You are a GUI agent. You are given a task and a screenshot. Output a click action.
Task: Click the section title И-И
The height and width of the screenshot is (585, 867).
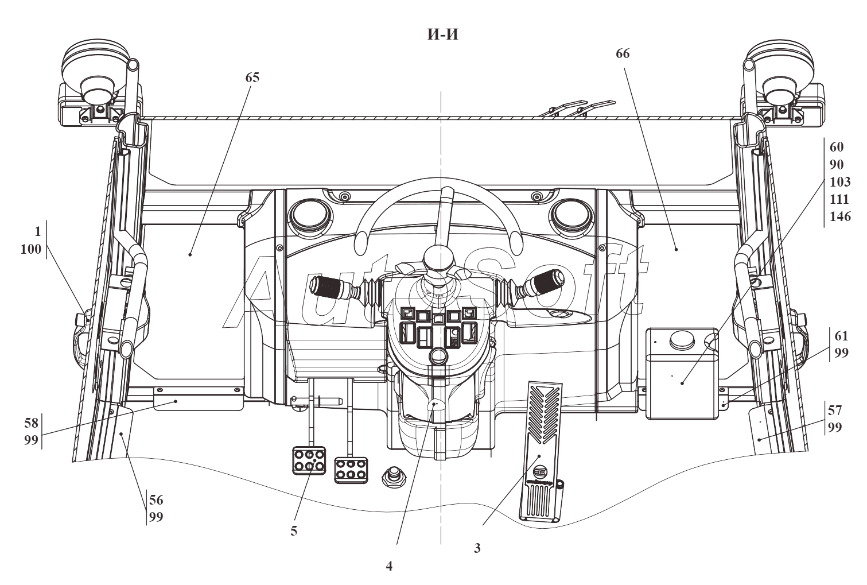click(443, 34)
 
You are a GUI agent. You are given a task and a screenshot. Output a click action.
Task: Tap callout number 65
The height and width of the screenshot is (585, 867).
click(252, 78)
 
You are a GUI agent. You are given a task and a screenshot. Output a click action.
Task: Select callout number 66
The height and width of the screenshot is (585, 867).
click(623, 54)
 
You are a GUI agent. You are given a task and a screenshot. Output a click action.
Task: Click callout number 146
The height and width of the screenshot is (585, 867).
click(840, 216)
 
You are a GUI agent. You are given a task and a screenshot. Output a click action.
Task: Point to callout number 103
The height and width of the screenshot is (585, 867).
click(840, 181)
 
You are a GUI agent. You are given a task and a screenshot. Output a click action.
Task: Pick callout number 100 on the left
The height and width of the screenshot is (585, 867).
click(31, 249)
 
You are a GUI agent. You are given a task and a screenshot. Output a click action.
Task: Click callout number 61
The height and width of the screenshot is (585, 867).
click(841, 336)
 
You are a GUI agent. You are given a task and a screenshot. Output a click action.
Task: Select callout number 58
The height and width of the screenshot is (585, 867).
click(32, 423)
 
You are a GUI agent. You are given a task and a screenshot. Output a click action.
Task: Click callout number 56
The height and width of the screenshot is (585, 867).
click(157, 500)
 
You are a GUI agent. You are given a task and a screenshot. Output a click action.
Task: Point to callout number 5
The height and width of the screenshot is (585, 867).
click(294, 531)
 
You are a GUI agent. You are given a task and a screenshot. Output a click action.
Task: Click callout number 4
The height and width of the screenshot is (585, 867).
click(389, 566)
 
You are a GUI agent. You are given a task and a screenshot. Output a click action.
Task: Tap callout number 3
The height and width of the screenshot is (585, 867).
click(477, 548)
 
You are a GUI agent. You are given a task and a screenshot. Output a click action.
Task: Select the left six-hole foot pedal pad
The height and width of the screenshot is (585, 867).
click(309, 460)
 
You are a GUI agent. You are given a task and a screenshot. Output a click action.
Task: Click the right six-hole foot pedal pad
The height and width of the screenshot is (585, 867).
click(351, 470)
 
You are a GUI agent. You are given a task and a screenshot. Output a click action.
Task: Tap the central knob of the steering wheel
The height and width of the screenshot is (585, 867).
click(438, 258)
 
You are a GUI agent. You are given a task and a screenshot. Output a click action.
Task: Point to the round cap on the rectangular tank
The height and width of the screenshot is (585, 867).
click(681, 339)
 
